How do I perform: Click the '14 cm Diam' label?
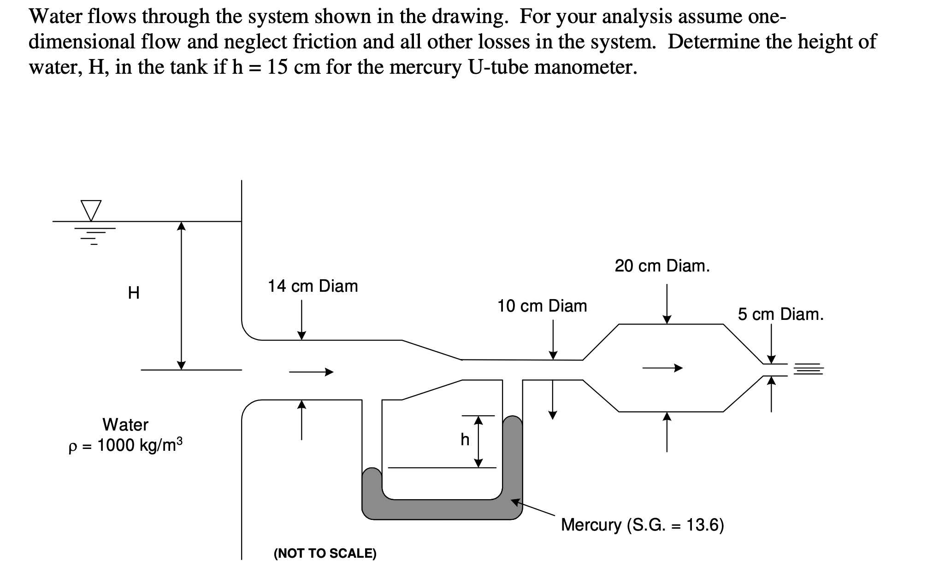tap(313, 286)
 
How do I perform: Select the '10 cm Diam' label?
tap(542, 306)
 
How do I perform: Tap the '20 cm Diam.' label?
tap(662, 266)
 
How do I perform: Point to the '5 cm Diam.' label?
tap(780, 314)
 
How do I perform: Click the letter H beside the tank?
tap(134, 293)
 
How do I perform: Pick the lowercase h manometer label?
tap(465, 440)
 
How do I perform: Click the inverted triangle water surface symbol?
tap(91, 210)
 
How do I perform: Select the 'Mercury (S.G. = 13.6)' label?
tap(642, 525)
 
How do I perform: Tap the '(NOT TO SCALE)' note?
tap(325, 553)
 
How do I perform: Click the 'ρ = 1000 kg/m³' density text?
tap(125, 446)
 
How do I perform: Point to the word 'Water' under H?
tap(125, 424)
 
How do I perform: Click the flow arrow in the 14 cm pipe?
tap(311, 372)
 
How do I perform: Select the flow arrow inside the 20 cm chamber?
tap(662, 368)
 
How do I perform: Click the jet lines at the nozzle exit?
tap(808, 369)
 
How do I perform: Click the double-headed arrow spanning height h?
tap(478, 441)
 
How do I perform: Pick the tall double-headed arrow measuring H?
tap(182, 295)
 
